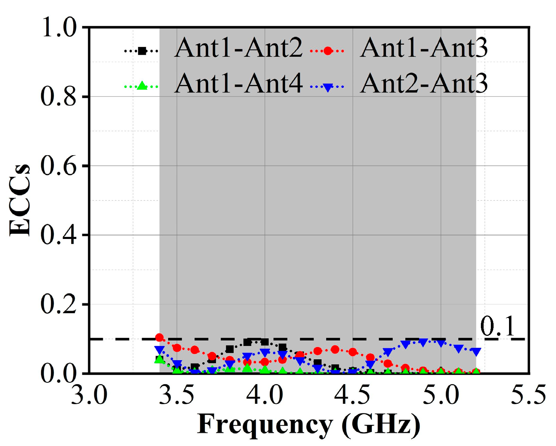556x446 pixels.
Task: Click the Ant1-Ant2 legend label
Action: coord(238,48)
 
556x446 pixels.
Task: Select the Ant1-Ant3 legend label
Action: coord(424,48)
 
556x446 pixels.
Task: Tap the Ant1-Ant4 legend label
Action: coord(238,83)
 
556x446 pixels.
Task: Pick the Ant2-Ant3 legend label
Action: coord(424,83)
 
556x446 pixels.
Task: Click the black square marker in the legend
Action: coord(142,51)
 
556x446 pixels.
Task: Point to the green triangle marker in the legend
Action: coord(142,86)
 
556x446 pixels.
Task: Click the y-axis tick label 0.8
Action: coord(58,96)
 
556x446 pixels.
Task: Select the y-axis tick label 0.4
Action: coord(58,235)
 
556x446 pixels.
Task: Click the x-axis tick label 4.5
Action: coord(352,395)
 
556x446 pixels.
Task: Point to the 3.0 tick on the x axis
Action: coord(89,395)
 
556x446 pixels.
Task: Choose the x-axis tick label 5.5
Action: coord(528,395)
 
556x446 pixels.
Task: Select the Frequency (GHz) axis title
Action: coord(309,425)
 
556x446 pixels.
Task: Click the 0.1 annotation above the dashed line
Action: coord(497,326)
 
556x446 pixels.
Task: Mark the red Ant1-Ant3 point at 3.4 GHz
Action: coord(159,338)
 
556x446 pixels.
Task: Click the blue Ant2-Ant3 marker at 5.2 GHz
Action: coord(476,352)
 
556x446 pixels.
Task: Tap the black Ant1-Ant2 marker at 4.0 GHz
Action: coord(265,342)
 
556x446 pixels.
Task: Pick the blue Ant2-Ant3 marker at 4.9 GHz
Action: coord(423,343)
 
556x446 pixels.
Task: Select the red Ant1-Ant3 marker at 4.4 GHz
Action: coord(335,350)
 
